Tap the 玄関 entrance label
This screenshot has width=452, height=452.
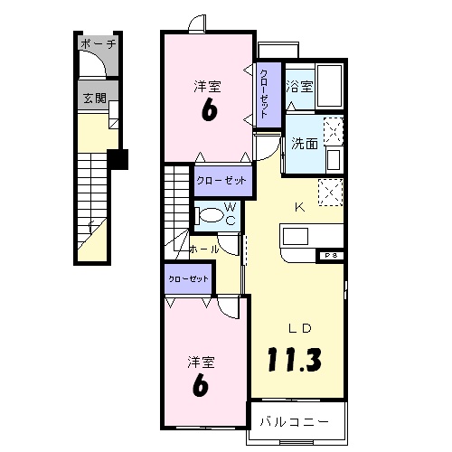pyautogui.click(x=94, y=98)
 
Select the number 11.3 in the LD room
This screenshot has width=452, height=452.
pyautogui.click(x=295, y=359)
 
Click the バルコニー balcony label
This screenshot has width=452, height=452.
pyautogui.click(x=291, y=421)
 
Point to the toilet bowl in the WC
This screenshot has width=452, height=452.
pyautogui.click(x=211, y=215)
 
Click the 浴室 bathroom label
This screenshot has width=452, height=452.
pyautogui.click(x=299, y=87)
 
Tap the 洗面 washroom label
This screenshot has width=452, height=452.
pyautogui.click(x=305, y=143)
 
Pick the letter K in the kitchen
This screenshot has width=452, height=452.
pyautogui.click(x=300, y=206)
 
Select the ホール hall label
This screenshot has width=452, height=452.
pyautogui.click(x=204, y=246)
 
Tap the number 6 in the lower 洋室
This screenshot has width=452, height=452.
pyautogui.click(x=201, y=384)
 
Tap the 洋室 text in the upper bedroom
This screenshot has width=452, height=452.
pyautogui.click(x=207, y=87)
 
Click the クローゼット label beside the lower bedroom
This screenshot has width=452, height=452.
pyautogui.click(x=189, y=279)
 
